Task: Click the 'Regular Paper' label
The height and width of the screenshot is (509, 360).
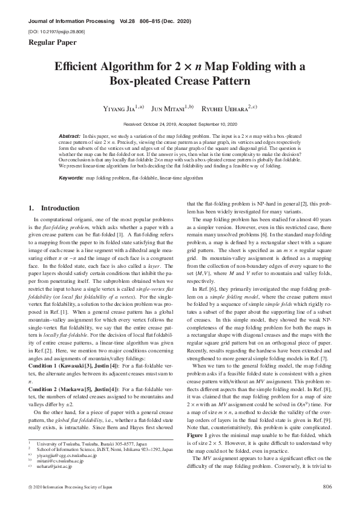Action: click(x=48, y=42)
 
